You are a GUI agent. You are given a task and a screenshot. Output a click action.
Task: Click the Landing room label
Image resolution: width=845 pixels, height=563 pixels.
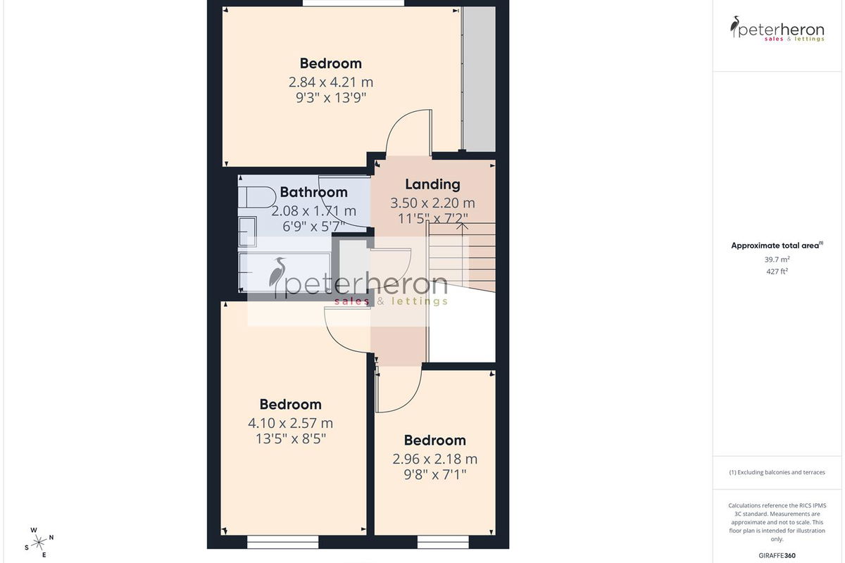point(432,184)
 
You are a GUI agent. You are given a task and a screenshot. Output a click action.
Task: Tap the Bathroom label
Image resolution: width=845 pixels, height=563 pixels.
point(313,192)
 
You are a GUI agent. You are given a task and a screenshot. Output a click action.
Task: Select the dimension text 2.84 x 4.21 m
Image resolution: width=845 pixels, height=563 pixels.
point(330,82)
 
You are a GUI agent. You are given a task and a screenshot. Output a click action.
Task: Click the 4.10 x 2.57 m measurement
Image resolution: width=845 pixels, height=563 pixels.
point(290,423)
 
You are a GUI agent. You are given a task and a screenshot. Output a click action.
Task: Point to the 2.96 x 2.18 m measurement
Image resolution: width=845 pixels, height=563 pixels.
point(434,459)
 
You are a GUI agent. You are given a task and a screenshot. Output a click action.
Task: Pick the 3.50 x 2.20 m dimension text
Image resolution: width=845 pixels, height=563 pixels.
point(432,203)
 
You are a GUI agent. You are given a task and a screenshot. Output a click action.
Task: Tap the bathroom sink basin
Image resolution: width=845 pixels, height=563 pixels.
point(247,232)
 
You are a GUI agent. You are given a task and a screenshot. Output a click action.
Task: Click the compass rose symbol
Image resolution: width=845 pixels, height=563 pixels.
point(39,543)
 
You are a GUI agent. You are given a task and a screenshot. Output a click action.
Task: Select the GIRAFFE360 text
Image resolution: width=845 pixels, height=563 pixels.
point(777,555)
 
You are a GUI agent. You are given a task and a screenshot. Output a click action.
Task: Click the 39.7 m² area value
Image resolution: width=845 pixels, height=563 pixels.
point(777,260)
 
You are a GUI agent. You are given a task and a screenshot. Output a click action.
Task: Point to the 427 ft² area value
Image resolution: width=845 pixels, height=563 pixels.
point(777,271)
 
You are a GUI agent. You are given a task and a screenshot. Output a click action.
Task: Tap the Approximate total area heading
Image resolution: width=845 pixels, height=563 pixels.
point(777,246)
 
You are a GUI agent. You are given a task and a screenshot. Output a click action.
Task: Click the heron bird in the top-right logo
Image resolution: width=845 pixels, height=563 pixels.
point(734,26)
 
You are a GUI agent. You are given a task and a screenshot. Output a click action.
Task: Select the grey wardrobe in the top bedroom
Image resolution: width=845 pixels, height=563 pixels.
point(479,80)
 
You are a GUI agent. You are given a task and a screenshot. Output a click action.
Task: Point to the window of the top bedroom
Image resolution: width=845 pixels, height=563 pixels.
point(353,3)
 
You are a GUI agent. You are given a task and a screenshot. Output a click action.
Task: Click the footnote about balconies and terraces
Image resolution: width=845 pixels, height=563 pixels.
point(777,472)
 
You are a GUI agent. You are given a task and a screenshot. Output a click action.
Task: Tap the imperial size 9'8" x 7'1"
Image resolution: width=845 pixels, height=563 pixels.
point(434,474)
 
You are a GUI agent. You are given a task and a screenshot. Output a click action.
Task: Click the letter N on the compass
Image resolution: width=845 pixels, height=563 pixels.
point(51,538)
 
